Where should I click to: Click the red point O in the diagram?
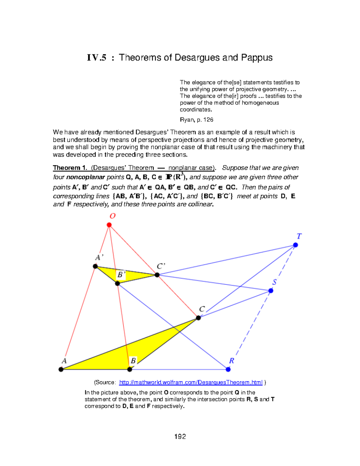point(109,225)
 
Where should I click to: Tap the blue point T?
point(295,245)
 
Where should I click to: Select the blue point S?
point(271,290)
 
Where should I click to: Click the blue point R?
point(228,369)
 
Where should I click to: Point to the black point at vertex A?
point(61,369)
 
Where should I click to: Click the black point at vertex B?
point(130,369)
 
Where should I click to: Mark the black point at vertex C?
point(198,318)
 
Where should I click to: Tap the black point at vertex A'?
point(95,266)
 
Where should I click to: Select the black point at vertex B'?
point(118,284)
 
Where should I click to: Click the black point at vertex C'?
point(157,275)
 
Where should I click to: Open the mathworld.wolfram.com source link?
point(191,382)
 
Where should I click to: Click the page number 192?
point(180,437)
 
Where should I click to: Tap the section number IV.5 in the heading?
point(97,58)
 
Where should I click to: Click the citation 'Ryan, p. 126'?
point(196,120)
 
